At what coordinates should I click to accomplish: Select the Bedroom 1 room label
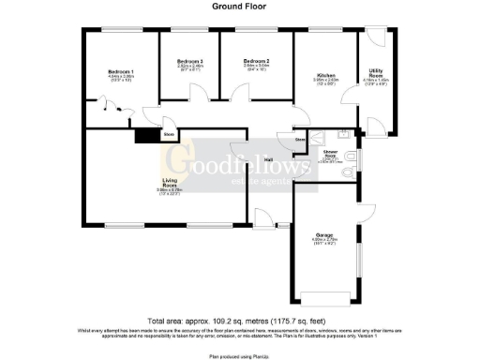[120, 72]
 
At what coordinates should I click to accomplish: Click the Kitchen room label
[324, 74]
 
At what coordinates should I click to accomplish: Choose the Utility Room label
[375, 71]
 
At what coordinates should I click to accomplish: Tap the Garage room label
[324, 233]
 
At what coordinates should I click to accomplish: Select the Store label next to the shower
[300, 140]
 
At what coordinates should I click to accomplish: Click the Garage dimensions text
[324, 242]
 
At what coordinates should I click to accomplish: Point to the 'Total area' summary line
[240, 318]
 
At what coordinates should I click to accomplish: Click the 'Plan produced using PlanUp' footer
[240, 355]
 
